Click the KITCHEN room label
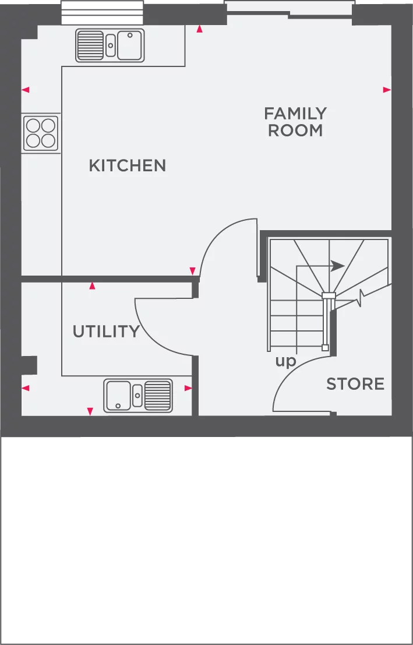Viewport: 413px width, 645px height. point(127,165)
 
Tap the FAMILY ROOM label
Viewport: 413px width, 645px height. point(295,122)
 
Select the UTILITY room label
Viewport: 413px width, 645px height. point(106,332)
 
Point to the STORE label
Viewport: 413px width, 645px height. point(355,384)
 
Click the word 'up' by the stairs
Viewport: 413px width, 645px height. point(285,361)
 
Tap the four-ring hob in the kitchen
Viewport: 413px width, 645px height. point(41,133)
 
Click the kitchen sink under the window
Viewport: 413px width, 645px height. point(110,45)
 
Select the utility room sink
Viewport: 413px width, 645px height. point(138,396)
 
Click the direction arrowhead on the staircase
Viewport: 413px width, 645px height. point(337,266)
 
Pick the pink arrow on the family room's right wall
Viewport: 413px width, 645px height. point(387,90)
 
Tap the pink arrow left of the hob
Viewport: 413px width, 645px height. point(25,90)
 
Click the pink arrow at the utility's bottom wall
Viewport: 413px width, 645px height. point(90,411)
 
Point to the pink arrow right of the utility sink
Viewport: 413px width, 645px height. point(188,388)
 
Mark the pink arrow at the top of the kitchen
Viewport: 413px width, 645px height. point(200,29)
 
